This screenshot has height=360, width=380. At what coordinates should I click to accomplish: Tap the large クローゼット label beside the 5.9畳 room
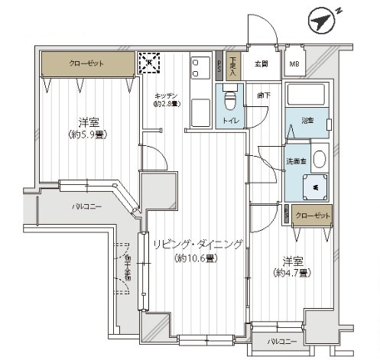point(86,64)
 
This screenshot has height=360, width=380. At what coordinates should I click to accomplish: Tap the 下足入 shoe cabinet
point(233,64)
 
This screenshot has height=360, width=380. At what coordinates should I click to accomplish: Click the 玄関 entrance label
point(260,64)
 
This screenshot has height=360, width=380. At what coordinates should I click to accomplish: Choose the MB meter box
point(294,64)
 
